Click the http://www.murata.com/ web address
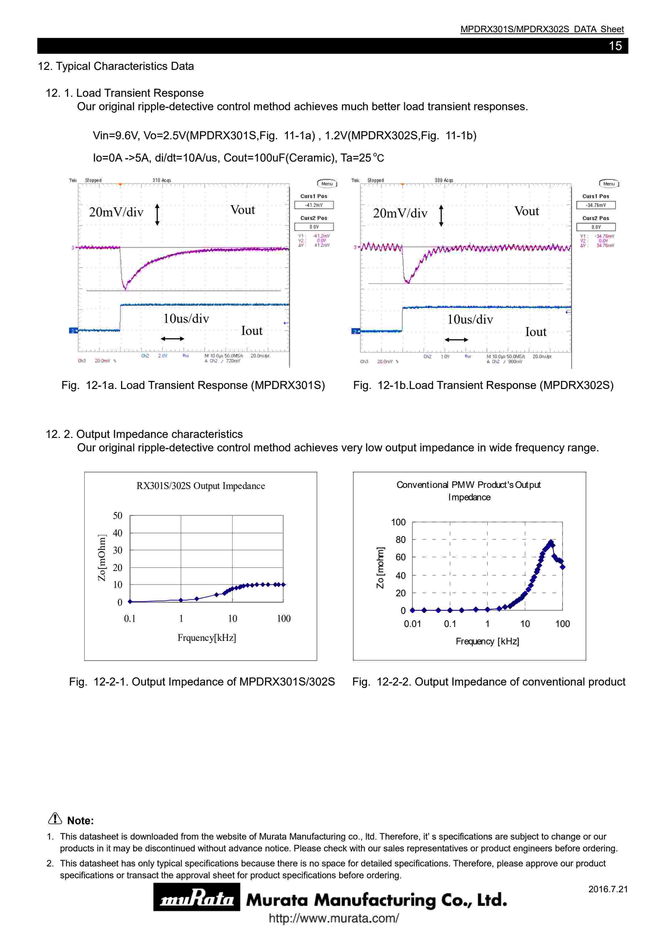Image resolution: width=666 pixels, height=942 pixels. [x=333, y=918]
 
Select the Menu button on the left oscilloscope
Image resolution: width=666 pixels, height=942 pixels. [x=327, y=183]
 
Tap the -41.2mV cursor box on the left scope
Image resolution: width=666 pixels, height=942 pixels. [x=314, y=205]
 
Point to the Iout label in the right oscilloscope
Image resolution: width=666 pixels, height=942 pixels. [x=536, y=332]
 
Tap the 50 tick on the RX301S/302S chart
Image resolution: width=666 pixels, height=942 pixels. [x=117, y=515]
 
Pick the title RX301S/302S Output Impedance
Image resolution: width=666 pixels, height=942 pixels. [x=200, y=486]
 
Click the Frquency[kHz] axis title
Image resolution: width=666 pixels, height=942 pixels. [x=207, y=638]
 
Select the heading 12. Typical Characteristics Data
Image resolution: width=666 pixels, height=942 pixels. [x=116, y=66]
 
